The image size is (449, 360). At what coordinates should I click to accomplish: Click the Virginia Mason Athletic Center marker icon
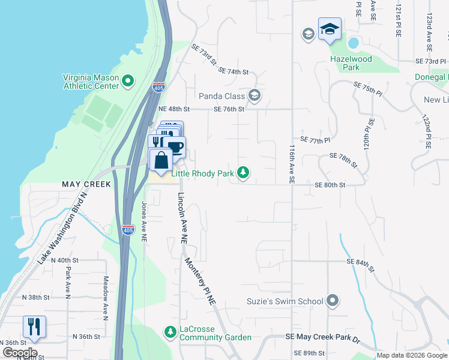pyautogui.click(x=127, y=81)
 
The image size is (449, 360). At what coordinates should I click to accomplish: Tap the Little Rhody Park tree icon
pyautogui.click(x=243, y=173)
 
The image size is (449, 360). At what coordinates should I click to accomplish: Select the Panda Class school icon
pyautogui.click(x=255, y=95)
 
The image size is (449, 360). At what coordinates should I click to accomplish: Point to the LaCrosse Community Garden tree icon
pyautogui.click(x=170, y=331)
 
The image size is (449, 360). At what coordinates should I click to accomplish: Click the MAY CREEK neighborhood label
pyautogui.click(x=86, y=184)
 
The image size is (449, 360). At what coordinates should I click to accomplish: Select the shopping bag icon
pyautogui.click(x=161, y=160)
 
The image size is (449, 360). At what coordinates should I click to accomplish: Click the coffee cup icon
pyautogui.click(x=175, y=146)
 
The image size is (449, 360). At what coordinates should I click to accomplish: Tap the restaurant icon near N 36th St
pyautogui.click(x=34, y=326)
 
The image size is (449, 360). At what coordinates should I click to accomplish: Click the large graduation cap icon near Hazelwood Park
pyautogui.click(x=330, y=29)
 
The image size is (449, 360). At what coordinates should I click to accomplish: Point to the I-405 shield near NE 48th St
pyautogui.click(x=158, y=88)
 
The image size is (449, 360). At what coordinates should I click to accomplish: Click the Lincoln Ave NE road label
pyautogui.click(x=181, y=218)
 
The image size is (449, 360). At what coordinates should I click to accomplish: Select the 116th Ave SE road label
pyautogui.click(x=292, y=163)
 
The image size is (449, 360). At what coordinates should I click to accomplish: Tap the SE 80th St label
pyautogui.click(x=330, y=185)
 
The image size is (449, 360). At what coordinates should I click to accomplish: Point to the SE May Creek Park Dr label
pyautogui.click(x=322, y=340)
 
